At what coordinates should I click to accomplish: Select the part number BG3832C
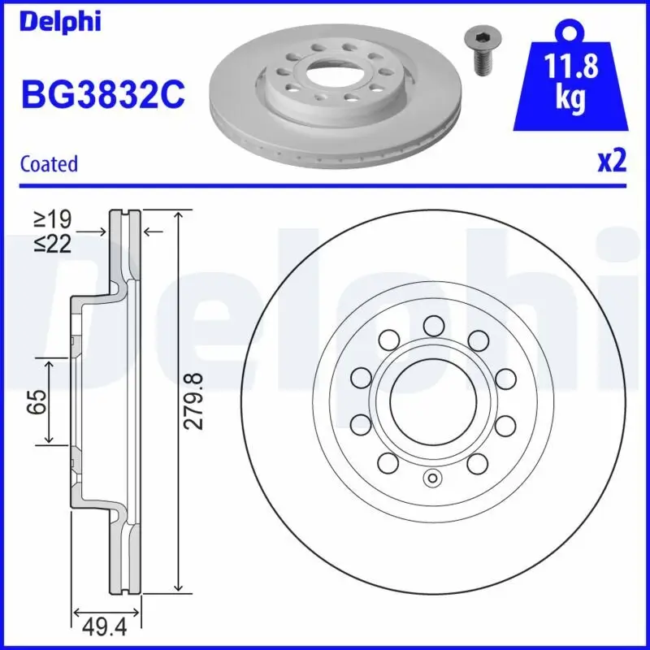pyautogui.click(x=102, y=96)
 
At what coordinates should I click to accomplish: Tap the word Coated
pyautogui.click(x=49, y=163)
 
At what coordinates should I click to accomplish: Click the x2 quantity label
pyautogui.click(x=612, y=162)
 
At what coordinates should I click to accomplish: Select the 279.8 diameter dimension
pyautogui.click(x=194, y=401)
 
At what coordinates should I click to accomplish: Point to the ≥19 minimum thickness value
pyautogui.click(x=53, y=219)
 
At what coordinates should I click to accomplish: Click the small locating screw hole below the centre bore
pyautogui.click(x=431, y=478)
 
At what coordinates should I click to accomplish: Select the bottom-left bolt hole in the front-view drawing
pyautogui.click(x=388, y=463)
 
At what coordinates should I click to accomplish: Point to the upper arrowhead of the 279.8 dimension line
pyautogui.click(x=177, y=214)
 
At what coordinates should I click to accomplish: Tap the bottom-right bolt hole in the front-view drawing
pyautogui.click(x=477, y=463)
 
